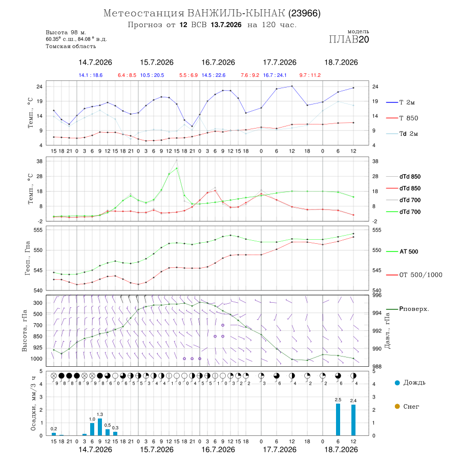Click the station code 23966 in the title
tap(304, 13)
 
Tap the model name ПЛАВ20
tap(349, 39)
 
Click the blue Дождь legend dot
tap(397, 383)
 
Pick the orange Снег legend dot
tap(397, 406)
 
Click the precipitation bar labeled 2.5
tap(338, 420)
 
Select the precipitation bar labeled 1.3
tap(100, 427)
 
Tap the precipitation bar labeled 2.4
tap(353, 420)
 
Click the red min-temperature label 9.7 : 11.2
tap(310, 75)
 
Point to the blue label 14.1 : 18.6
tap(91, 75)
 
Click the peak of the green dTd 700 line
tap(177, 168)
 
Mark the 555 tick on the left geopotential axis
tap(38, 230)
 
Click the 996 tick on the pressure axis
tap(377, 295)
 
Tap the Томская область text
tap(71, 46)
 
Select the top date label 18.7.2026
tap(341, 62)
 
